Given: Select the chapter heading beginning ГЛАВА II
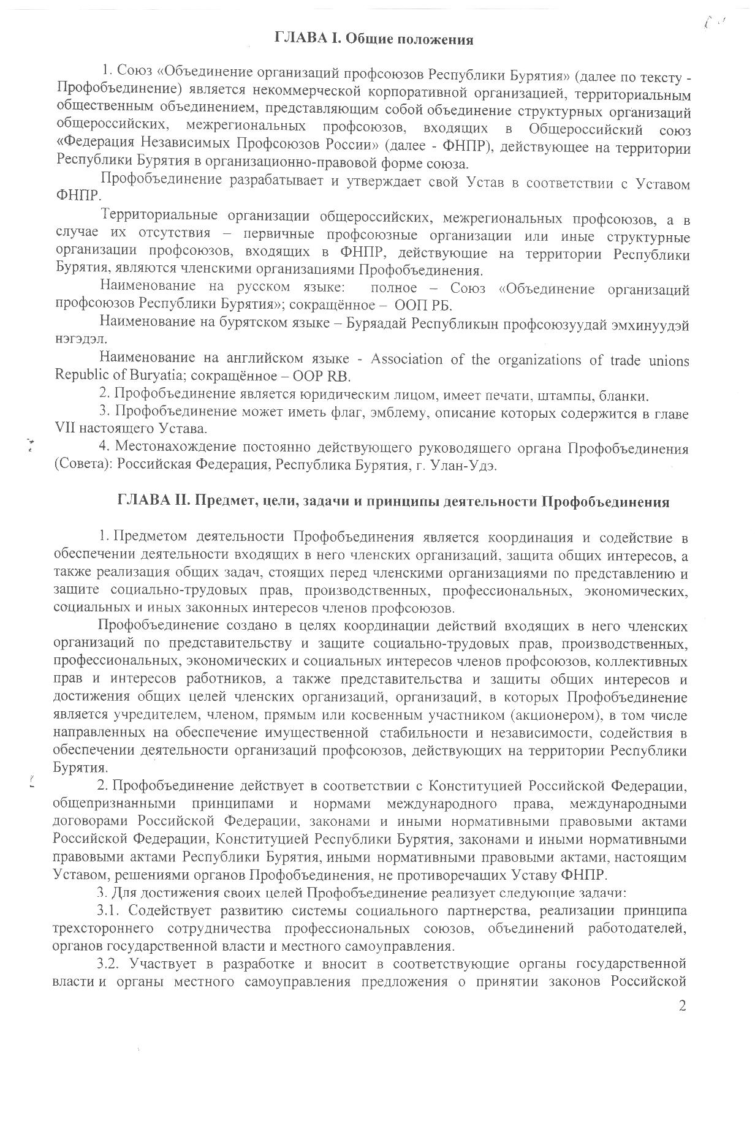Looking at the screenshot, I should pyautogui.click(x=393, y=502).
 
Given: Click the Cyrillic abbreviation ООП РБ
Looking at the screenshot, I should pyautogui.click(x=423, y=306).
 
